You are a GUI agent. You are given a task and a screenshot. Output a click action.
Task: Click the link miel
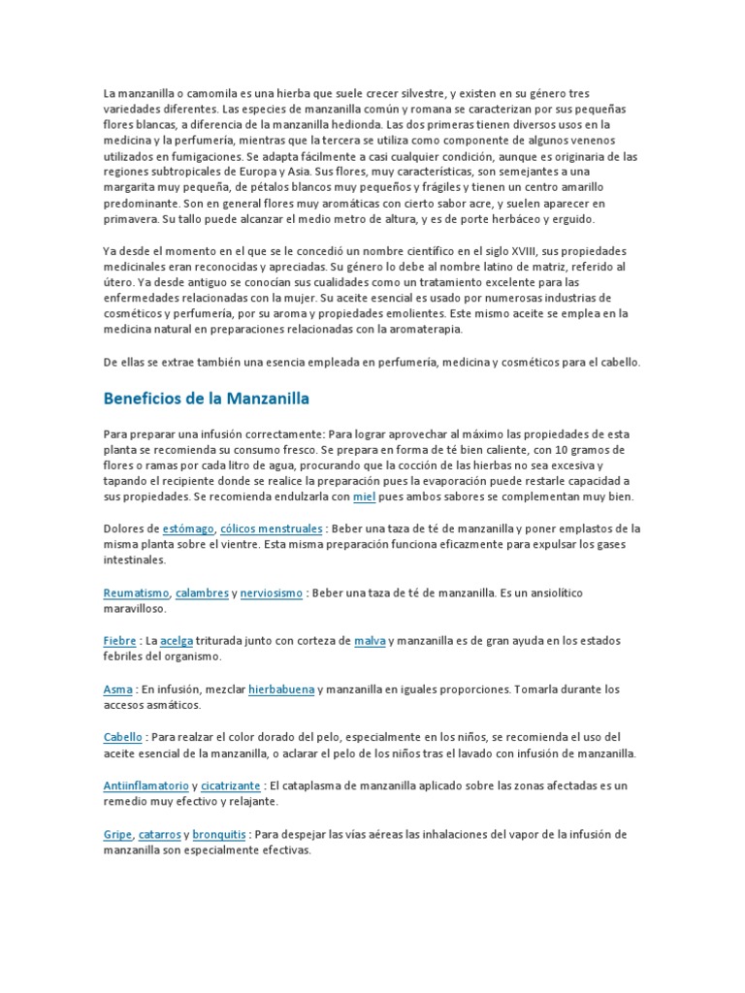pyautogui.click(x=363, y=496)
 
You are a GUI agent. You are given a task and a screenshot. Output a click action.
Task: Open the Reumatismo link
pyautogui.click(x=137, y=592)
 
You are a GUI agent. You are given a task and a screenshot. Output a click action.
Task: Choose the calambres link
pyautogui.click(x=202, y=592)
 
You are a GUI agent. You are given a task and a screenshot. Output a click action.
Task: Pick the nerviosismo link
pyautogui.click(x=271, y=592)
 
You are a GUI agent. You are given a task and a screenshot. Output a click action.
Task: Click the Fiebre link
pyautogui.click(x=119, y=641)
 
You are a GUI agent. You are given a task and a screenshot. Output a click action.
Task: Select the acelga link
pyautogui.click(x=177, y=641)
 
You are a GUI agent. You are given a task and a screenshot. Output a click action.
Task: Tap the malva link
pyautogui.click(x=370, y=641)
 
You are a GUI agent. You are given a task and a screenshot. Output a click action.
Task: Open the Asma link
pyautogui.click(x=117, y=689)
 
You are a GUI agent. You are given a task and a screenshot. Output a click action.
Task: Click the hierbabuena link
pyautogui.click(x=281, y=689)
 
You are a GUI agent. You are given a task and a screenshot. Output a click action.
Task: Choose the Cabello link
pyautogui.click(x=122, y=737)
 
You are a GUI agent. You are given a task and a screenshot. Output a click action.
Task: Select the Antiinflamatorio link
pyautogui.click(x=146, y=785)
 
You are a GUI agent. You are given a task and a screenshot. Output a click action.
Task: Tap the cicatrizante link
pyautogui.click(x=231, y=785)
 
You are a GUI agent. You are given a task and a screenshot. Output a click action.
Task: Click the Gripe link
pyautogui.click(x=117, y=834)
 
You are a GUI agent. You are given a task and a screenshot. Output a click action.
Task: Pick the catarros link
pyautogui.click(x=159, y=834)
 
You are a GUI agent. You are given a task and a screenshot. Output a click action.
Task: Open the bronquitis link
pyautogui.click(x=219, y=834)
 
